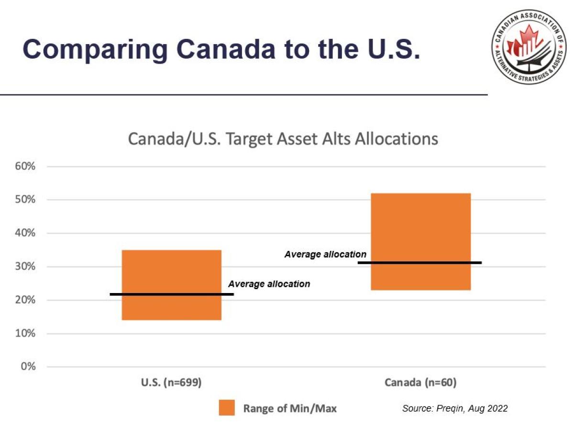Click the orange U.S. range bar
click(171, 273)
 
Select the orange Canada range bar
click(421, 225)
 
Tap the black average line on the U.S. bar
click(172, 294)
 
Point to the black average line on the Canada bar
click(419, 262)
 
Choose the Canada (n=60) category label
click(420, 383)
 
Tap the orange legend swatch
click(227, 408)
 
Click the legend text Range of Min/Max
click(290, 408)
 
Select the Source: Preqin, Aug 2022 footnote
click(455, 408)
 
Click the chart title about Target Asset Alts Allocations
click(283, 139)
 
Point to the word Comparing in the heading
click(95, 49)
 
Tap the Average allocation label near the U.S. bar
click(269, 284)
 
